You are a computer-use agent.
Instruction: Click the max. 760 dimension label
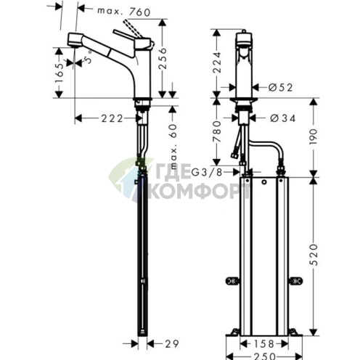pos(124,12)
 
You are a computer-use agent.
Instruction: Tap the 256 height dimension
pos(163,59)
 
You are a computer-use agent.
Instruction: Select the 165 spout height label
pos(59,73)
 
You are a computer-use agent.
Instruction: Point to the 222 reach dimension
pos(112,118)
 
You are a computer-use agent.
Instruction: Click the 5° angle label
pos(88,57)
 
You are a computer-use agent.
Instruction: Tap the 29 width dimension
pos(172,343)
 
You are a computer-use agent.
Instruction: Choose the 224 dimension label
pos(217,62)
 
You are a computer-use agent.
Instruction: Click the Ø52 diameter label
pos(280,87)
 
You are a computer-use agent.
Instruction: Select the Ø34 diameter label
pos(282,118)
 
